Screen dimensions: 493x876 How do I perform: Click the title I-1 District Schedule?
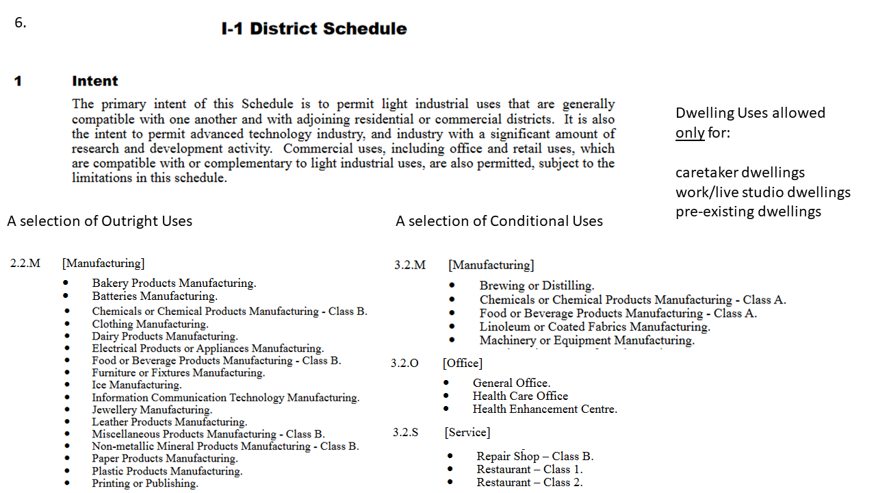pyautogui.click(x=314, y=29)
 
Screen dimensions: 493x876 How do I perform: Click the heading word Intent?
pyautogui.click(x=95, y=81)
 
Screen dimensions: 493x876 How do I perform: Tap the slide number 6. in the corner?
pyautogui.click(x=21, y=22)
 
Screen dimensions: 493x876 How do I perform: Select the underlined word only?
pyautogui.click(x=690, y=132)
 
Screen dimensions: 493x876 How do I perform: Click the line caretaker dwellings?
pyautogui.click(x=740, y=172)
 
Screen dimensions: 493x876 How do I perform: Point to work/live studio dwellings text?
pyautogui.click(x=762, y=192)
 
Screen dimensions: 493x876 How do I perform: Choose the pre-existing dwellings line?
pyautogui.click(x=748, y=211)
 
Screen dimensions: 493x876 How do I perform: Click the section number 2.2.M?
pyautogui.click(x=25, y=263)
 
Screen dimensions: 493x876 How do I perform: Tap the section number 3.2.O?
pyautogui.click(x=404, y=363)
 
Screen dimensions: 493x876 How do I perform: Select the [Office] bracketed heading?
pyautogui.click(x=463, y=363)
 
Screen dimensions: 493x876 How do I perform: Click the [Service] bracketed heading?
pyautogui.click(x=467, y=432)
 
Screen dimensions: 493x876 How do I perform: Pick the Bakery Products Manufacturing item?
pyautogui.click(x=174, y=283)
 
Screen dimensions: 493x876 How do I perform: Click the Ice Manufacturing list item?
pyautogui.click(x=137, y=385)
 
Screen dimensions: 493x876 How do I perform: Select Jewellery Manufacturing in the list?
pyautogui.click(x=152, y=409)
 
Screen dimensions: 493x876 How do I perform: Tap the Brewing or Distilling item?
pyautogui.click(x=537, y=286)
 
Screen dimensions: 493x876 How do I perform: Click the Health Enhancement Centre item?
pyautogui.click(x=545, y=409)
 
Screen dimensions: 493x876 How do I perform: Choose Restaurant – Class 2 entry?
pyautogui.click(x=530, y=482)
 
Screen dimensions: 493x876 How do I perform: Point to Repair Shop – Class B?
pyautogui.click(x=535, y=456)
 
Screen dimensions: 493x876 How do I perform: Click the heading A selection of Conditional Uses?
pyautogui.click(x=499, y=221)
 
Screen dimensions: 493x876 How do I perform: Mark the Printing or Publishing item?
pyautogui.click(x=145, y=483)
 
